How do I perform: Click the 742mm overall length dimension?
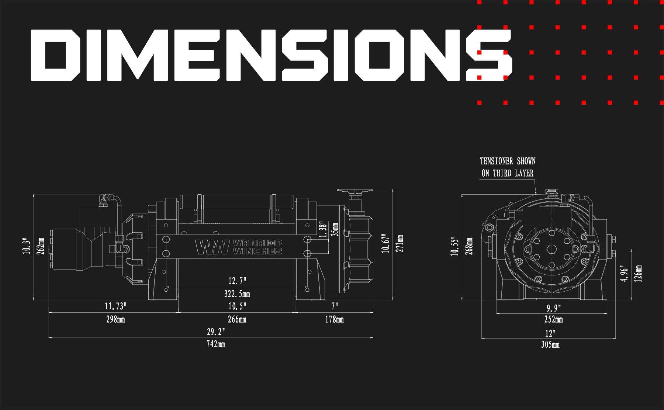point(216,344)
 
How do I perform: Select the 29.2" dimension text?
point(216,332)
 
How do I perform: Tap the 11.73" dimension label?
point(115,306)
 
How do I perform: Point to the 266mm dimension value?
point(237,319)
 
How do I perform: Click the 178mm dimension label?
point(334,319)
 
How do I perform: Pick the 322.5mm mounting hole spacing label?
point(237,294)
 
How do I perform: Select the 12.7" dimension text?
point(237,281)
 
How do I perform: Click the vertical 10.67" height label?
point(386,243)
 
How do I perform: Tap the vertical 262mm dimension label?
point(41,246)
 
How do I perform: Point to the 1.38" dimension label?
point(322,230)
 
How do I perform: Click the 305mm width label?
point(550,345)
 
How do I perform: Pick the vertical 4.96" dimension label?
point(624,274)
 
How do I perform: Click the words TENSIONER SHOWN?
point(507,161)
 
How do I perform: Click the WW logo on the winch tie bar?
point(212,247)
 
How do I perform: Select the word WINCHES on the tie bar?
point(257,251)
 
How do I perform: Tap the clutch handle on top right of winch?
point(355,192)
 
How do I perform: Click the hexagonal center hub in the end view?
point(551,249)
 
